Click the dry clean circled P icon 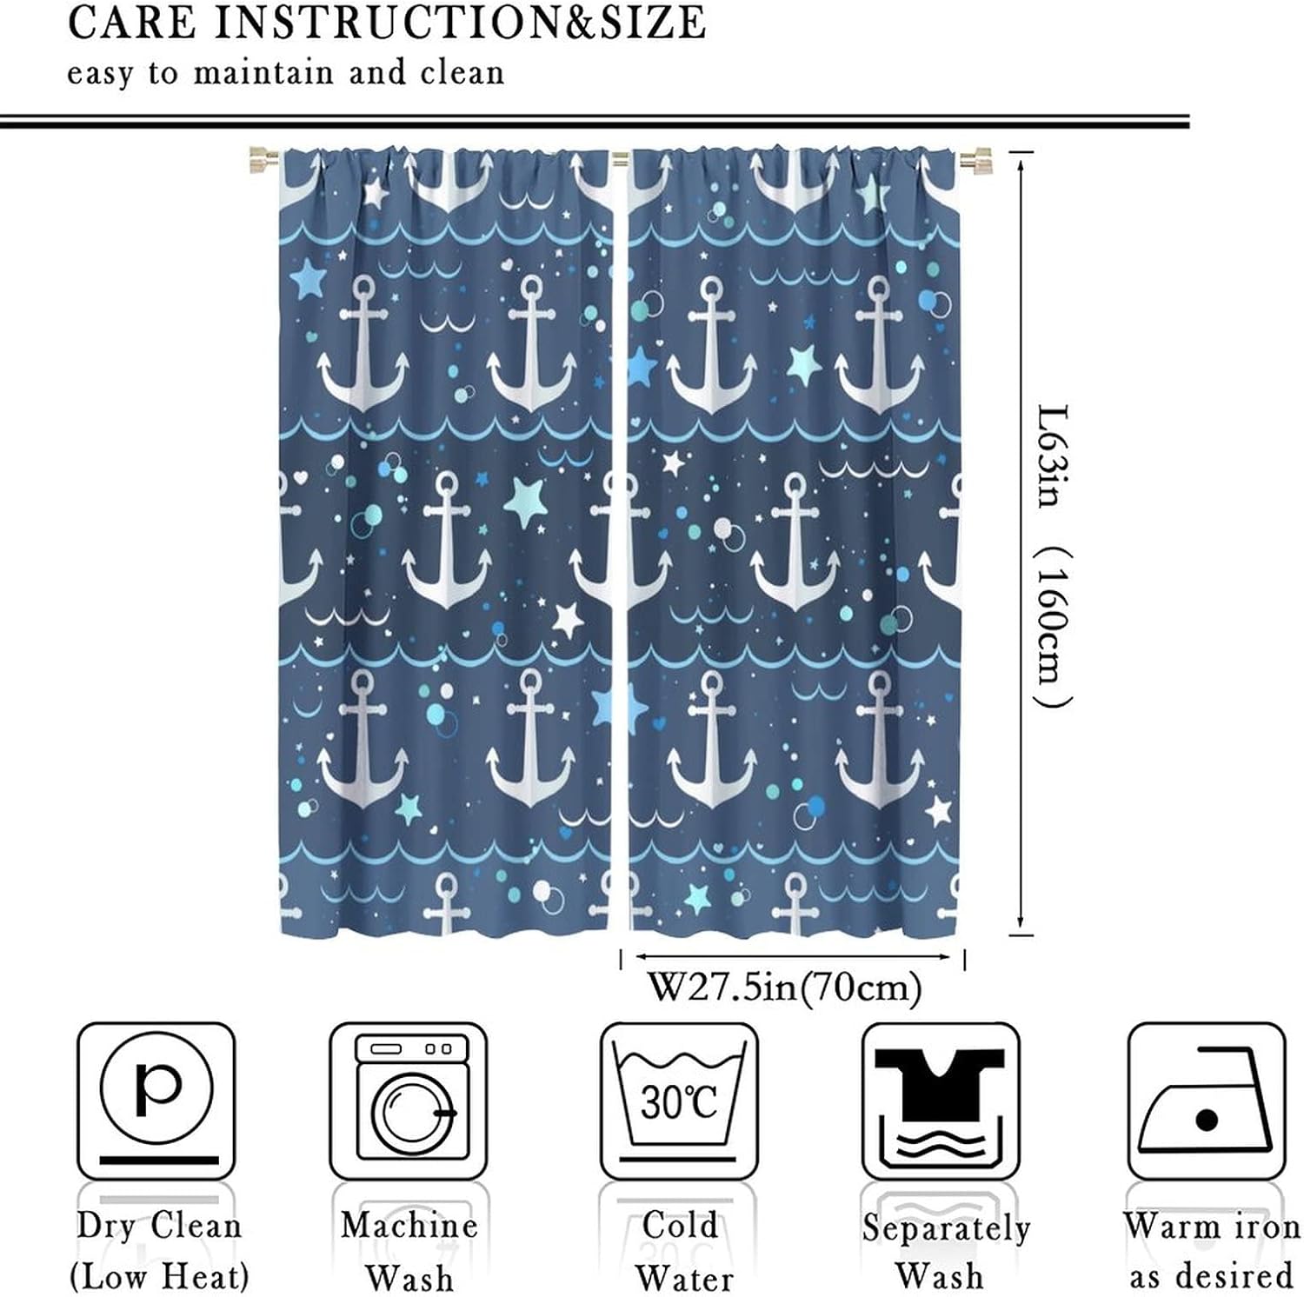coord(156,1101)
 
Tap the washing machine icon coord(409,1101)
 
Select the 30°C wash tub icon coord(679,1101)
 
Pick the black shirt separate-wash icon coord(940,1101)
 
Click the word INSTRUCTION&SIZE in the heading coord(460,23)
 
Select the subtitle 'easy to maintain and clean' coord(286,73)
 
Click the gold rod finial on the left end coord(262,160)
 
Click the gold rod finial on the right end coord(975,160)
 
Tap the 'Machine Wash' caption coord(409,1251)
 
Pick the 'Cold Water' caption coord(682,1251)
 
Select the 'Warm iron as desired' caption coord(1211,1251)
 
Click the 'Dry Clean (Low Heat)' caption coord(159,1251)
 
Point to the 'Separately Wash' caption coord(945,1251)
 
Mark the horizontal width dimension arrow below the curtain coord(792,957)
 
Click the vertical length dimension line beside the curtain coord(1021,543)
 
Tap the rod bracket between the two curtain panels coord(620,159)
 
